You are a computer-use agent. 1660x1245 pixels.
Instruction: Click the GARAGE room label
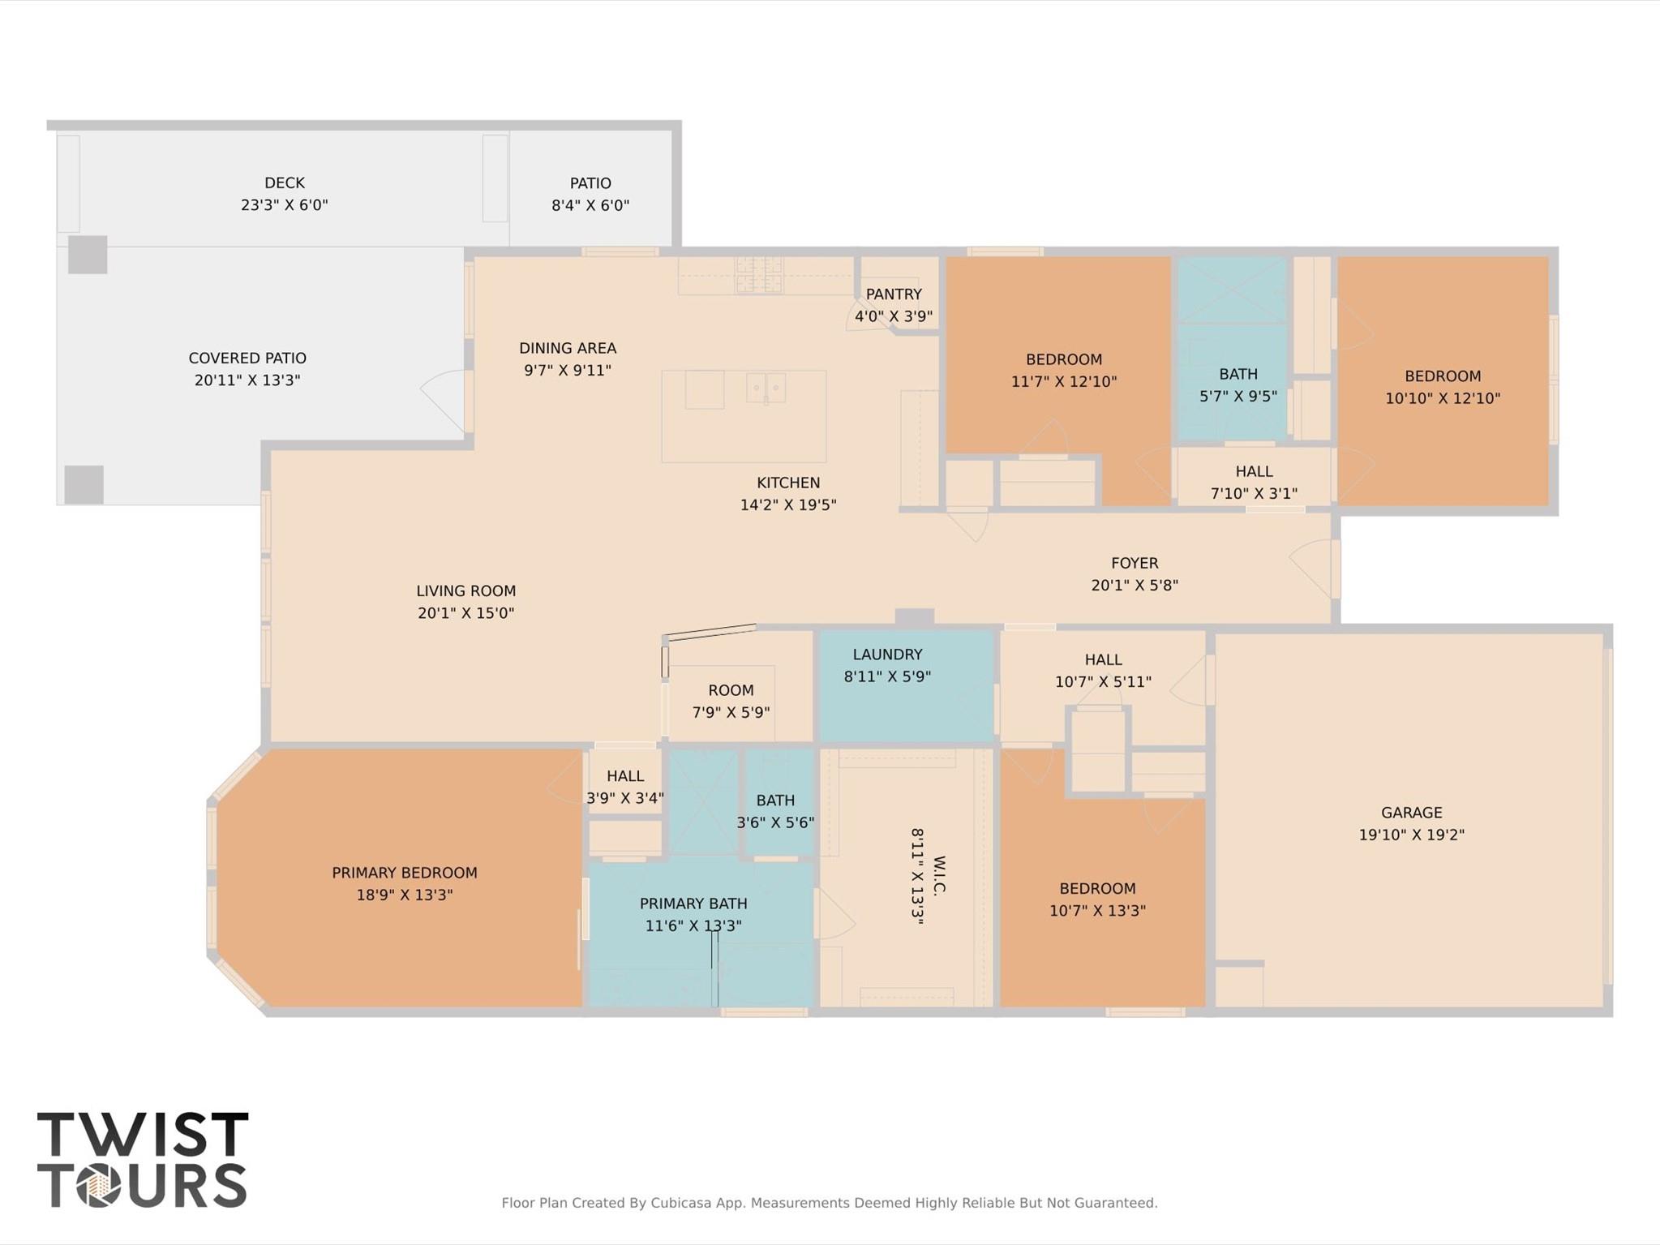1411,812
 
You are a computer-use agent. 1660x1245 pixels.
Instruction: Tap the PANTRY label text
894,294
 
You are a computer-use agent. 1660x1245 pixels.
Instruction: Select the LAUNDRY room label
887,655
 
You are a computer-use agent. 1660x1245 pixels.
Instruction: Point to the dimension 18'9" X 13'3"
405,895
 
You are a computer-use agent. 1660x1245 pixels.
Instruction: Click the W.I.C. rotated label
939,876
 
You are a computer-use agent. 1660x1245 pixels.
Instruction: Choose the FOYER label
1135,563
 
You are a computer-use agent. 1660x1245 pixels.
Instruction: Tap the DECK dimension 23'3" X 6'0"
284,205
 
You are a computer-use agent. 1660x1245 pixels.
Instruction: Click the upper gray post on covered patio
88,255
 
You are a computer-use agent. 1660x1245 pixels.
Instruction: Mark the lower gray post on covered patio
84,484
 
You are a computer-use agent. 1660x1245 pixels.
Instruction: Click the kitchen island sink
766,388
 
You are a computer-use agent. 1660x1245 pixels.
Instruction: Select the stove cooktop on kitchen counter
759,274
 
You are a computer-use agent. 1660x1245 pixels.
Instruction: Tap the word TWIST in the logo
143,1134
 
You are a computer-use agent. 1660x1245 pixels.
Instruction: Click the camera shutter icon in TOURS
99,1187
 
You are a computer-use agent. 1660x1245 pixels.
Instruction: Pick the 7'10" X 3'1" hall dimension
1254,493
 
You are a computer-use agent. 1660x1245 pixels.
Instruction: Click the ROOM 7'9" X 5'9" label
731,690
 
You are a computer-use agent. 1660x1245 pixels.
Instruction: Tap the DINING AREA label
568,349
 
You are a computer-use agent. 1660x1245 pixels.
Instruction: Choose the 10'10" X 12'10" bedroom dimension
1443,398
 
